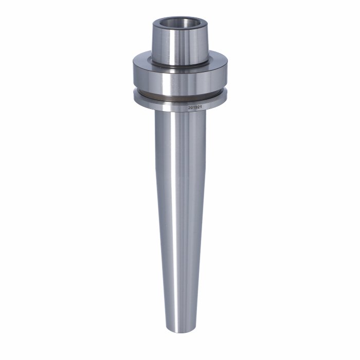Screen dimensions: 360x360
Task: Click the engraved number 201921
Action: point(195,107)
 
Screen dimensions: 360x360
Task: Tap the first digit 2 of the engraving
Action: point(189,107)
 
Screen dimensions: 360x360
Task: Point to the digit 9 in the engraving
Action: point(196,107)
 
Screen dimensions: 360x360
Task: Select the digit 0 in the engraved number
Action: point(192,107)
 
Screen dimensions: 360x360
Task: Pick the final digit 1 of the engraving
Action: point(201,107)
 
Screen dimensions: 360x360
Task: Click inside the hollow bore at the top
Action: point(181,23)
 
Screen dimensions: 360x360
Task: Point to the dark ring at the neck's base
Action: point(180,65)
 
